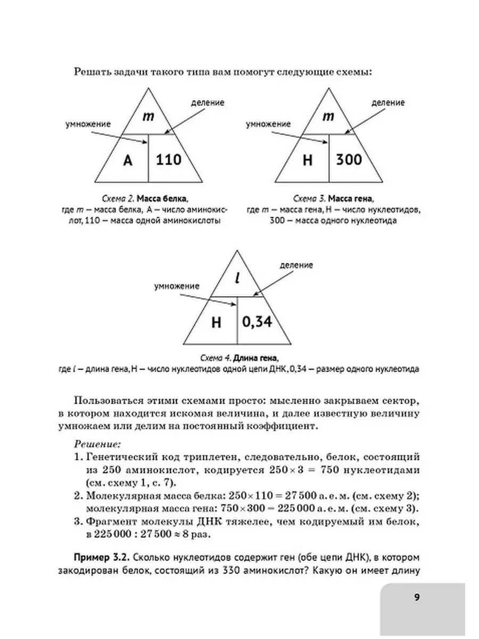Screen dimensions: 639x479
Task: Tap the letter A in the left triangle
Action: click(x=127, y=160)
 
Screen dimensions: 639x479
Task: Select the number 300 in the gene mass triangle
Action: click(x=349, y=159)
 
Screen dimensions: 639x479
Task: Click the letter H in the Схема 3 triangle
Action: click(x=307, y=160)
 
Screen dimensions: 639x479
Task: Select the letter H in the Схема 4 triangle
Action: click(x=216, y=322)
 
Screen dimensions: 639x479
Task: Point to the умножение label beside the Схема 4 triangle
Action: click(x=177, y=286)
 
